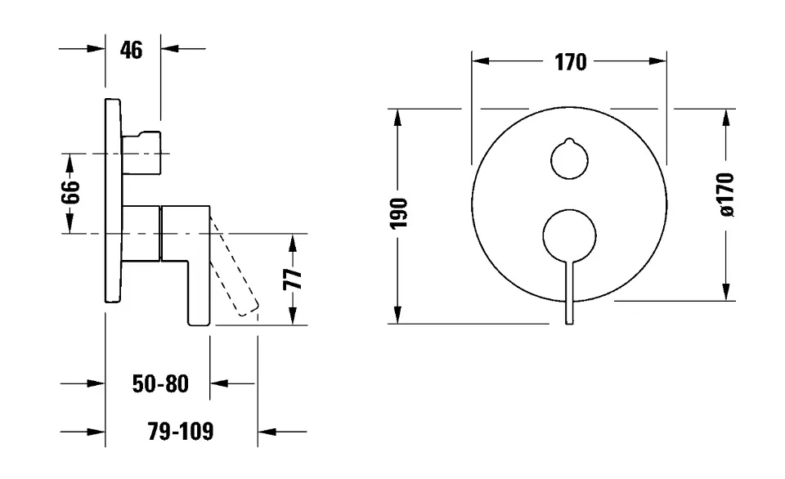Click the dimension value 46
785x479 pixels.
coord(131,50)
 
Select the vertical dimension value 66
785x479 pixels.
coord(71,193)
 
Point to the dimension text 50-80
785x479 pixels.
coord(160,383)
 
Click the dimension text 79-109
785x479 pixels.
coord(182,431)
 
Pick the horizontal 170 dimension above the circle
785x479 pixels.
coord(570,62)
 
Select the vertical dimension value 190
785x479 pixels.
coord(398,215)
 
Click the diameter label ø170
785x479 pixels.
coord(727,195)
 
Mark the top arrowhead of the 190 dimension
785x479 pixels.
coord(398,116)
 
